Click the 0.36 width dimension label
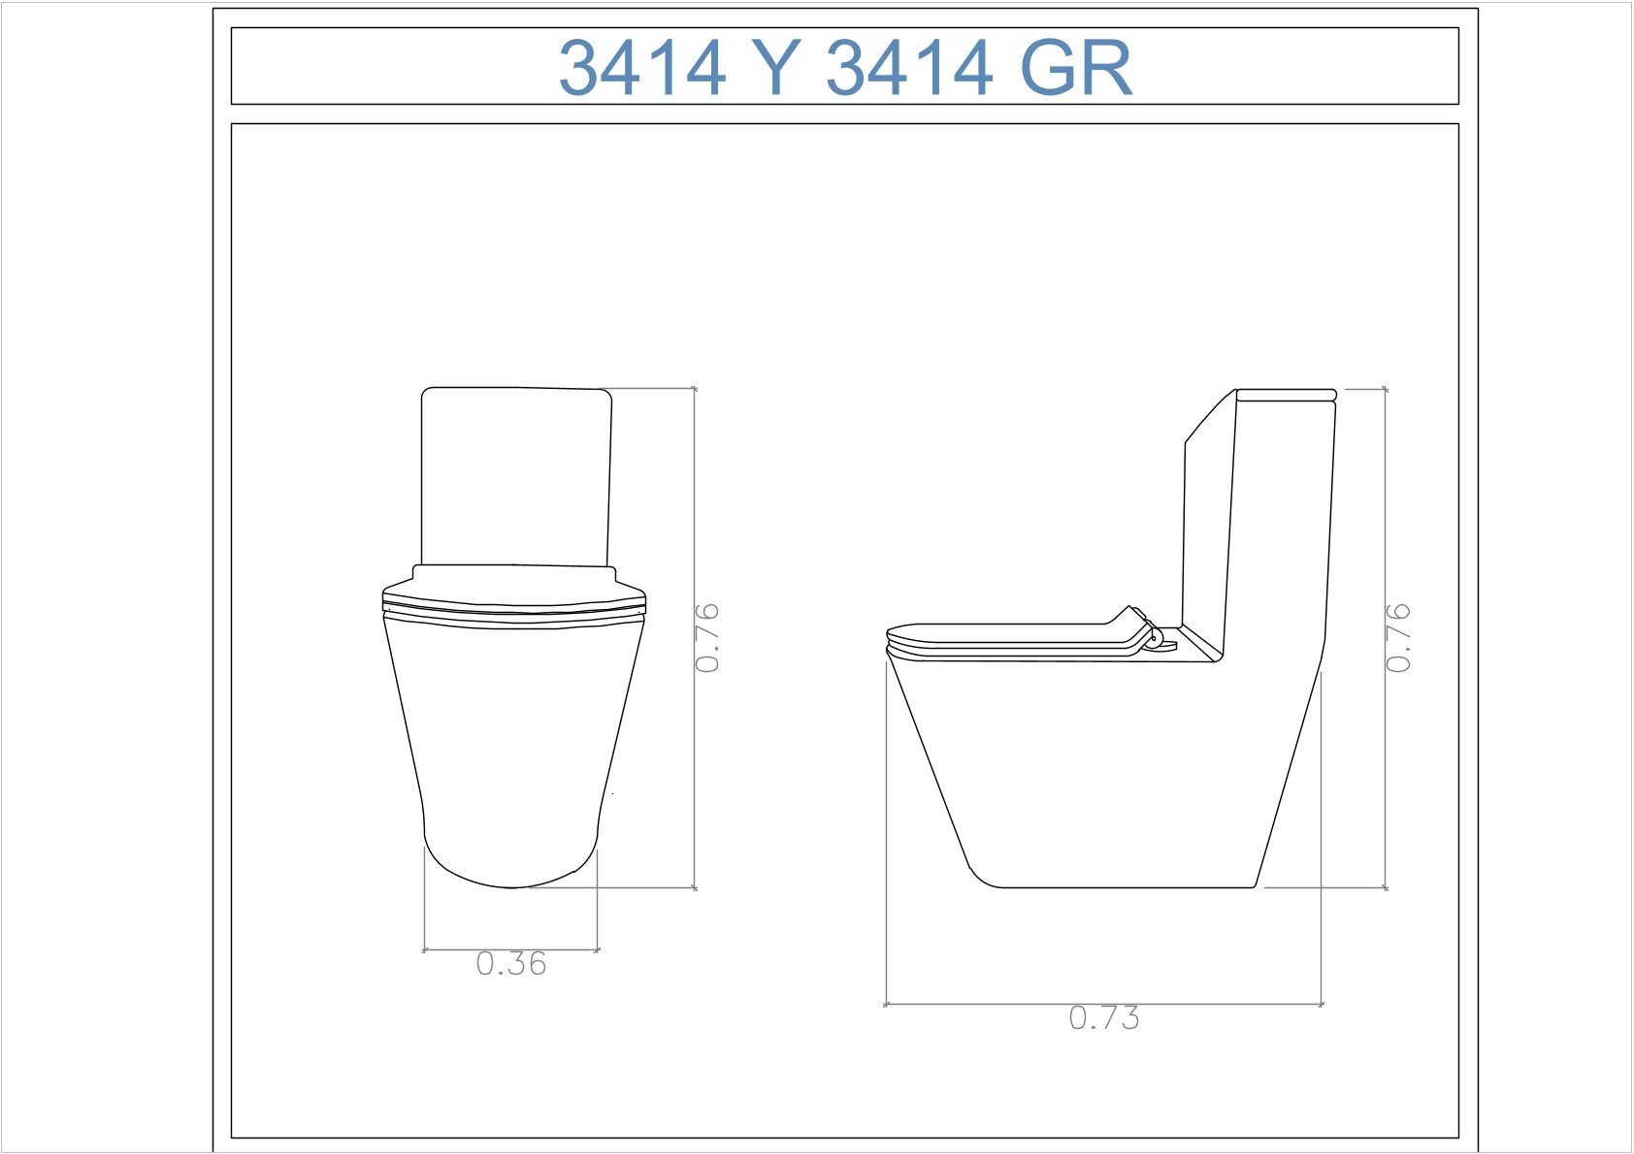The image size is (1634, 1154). pos(511,964)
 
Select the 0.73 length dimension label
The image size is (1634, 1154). pos(1104,1017)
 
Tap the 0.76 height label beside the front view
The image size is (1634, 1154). pos(706,638)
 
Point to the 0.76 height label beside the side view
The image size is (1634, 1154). pos(1397,638)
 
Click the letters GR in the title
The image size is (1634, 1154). pos(1077,67)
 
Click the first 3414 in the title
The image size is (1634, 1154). pos(642,67)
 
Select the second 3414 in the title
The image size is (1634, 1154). pos(909,67)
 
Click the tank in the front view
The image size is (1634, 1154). pos(516,476)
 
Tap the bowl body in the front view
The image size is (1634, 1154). pos(513,751)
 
